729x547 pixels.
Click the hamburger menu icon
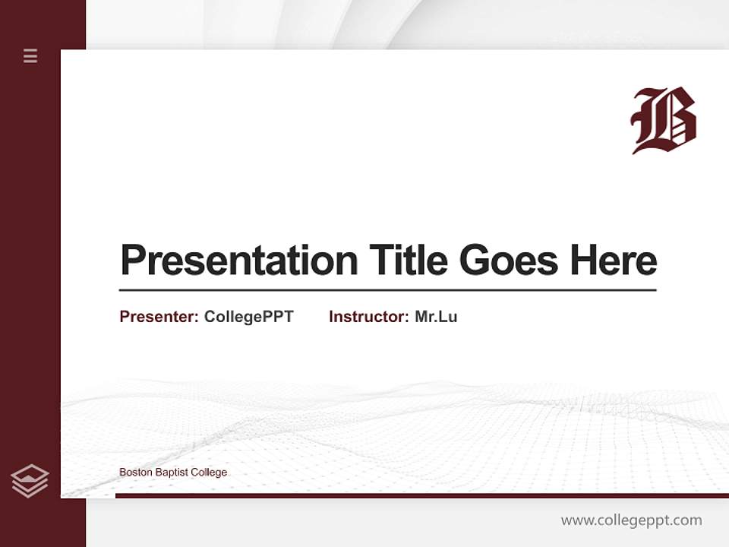pyautogui.click(x=30, y=55)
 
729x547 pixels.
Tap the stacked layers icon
pyautogui.click(x=30, y=481)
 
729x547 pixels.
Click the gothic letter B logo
pyautogui.click(x=664, y=120)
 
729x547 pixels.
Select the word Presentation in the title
pyautogui.click(x=238, y=261)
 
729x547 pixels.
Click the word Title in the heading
pyautogui.click(x=409, y=260)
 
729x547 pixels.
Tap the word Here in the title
pyautogui.click(x=614, y=260)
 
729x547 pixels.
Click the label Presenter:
pyautogui.click(x=159, y=317)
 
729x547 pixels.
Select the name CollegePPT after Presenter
pyautogui.click(x=248, y=317)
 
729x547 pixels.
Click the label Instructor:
pyautogui.click(x=368, y=317)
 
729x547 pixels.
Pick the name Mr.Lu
pyautogui.click(x=436, y=317)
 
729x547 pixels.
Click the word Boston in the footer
pyautogui.click(x=135, y=473)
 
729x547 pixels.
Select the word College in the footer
pyautogui.click(x=209, y=473)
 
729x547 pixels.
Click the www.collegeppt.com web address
pyautogui.click(x=631, y=520)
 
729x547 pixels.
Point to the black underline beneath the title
pyautogui.click(x=387, y=290)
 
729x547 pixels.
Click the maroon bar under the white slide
pyautogui.click(x=421, y=495)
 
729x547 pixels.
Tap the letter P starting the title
pyautogui.click(x=132, y=261)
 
